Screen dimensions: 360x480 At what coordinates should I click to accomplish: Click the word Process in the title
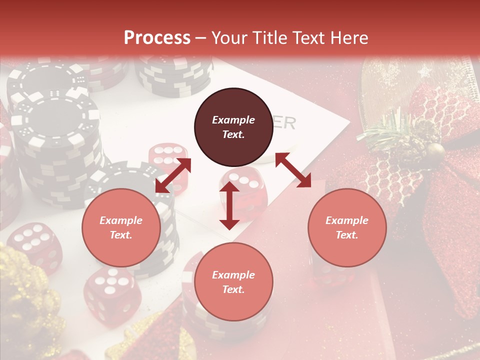(157, 38)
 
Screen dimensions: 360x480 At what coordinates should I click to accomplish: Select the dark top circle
(233, 127)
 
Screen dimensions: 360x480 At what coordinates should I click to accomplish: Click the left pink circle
(121, 227)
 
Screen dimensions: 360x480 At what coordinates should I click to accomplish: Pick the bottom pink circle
(233, 282)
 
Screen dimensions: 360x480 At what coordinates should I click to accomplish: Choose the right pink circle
(347, 227)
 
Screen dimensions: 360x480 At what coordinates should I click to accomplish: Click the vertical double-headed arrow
(229, 205)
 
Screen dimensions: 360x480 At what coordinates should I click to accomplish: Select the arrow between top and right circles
(293, 170)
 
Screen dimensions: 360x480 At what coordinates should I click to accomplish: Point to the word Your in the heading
(229, 38)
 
